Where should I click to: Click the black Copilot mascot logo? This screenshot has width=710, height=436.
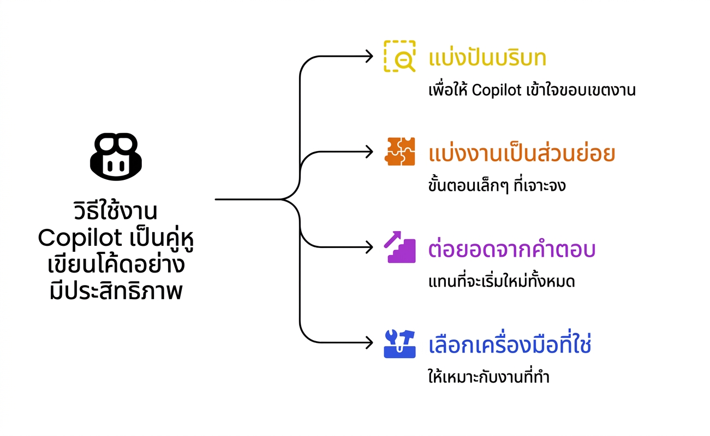[x=116, y=157]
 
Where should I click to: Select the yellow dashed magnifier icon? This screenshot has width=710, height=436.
[x=399, y=56]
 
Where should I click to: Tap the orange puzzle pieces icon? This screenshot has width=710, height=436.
[x=399, y=152]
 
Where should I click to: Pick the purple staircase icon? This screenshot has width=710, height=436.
[x=399, y=247]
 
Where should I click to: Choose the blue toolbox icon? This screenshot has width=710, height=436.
[x=399, y=344]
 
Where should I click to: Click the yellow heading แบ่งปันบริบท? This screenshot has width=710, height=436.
[x=487, y=57]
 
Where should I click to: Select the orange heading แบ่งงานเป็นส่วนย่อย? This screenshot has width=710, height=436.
[x=522, y=153]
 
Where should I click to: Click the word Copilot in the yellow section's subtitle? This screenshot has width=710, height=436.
[x=497, y=90]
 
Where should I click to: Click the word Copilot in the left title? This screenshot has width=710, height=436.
[x=80, y=238]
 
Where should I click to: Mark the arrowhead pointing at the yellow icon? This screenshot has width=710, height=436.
[x=369, y=56]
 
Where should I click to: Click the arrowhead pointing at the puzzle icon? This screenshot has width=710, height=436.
[x=369, y=152]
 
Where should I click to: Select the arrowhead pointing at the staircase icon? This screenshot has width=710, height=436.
[x=369, y=247]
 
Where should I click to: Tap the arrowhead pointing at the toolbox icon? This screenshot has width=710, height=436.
[x=369, y=343]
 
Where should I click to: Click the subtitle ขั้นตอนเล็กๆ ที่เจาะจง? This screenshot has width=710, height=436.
[x=497, y=185]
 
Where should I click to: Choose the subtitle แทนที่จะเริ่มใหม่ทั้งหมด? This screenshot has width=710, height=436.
[x=502, y=281]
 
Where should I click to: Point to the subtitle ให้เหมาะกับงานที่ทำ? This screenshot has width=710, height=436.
[x=488, y=377]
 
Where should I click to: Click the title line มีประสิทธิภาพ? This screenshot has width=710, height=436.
[x=116, y=290]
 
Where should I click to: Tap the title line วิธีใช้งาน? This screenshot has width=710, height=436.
[x=115, y=210]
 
